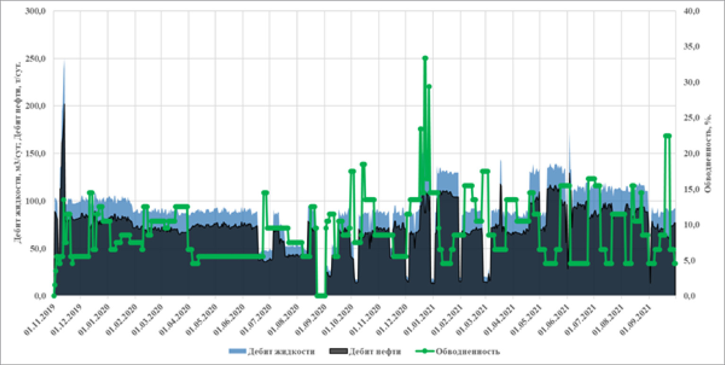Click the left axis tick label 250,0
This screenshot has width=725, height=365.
[36, 59]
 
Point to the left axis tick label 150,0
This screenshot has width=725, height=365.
[36, 154]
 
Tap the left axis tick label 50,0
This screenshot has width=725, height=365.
[38, 249]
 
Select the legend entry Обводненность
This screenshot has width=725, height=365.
[461, 351]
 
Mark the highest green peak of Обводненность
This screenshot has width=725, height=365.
[425, 58]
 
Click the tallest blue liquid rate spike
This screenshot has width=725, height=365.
[64, 61]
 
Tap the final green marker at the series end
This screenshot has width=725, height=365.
[675, 263]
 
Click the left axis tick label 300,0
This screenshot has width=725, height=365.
[36, 11]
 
